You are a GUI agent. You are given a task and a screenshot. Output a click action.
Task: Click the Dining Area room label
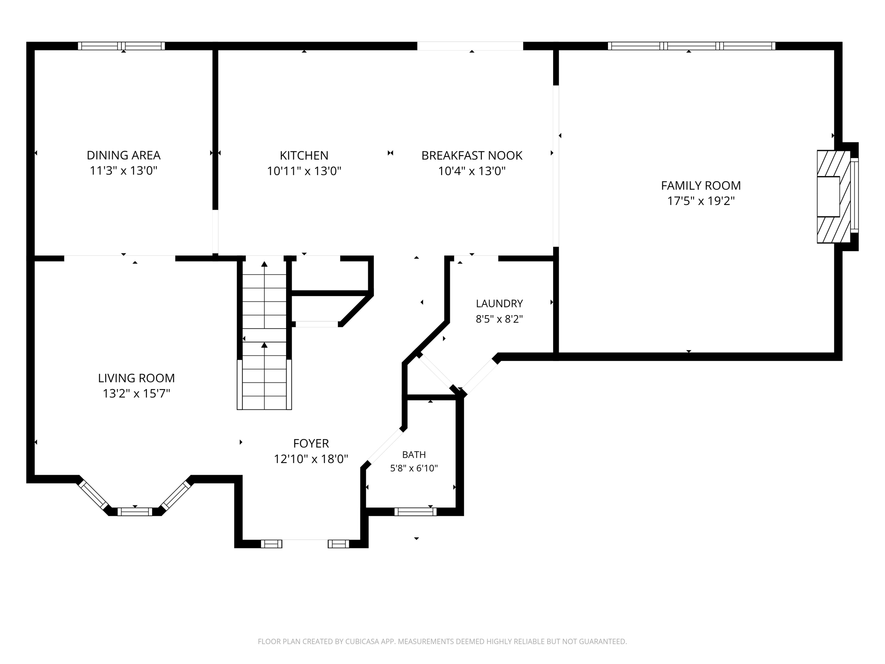(x=124, y=155)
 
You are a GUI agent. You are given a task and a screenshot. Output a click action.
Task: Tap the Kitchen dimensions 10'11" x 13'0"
(x=304, y=171)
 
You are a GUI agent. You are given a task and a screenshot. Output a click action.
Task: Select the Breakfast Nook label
(x=472, y=155)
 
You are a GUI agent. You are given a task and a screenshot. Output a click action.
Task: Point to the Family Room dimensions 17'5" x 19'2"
(x=701, y=201)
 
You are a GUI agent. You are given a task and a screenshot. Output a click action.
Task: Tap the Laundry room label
(x=500, y=303)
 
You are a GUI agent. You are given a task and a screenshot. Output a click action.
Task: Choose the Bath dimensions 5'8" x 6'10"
(x=414, y=468)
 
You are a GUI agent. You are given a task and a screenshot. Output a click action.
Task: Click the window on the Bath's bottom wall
(x=415, y=512)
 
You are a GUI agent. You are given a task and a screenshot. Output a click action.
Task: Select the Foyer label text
(x=311, y=443)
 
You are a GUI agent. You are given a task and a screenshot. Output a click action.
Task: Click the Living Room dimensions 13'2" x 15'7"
(x=137, y=394)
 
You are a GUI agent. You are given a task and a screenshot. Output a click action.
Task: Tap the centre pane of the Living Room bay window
(x=135, y=512)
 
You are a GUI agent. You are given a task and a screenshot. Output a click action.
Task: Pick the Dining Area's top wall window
(x=121, y=46)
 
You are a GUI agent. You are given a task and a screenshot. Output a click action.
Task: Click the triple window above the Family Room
(x=691, y=46)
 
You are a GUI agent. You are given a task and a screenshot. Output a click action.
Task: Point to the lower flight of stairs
(x=264, y=376)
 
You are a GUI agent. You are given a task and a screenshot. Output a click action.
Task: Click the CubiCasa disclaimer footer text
(x=442, y=642)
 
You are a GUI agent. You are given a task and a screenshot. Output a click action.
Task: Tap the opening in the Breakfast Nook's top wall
(x=470, y=46)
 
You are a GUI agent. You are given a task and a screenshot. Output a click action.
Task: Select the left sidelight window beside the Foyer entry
(x=271, y=544)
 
